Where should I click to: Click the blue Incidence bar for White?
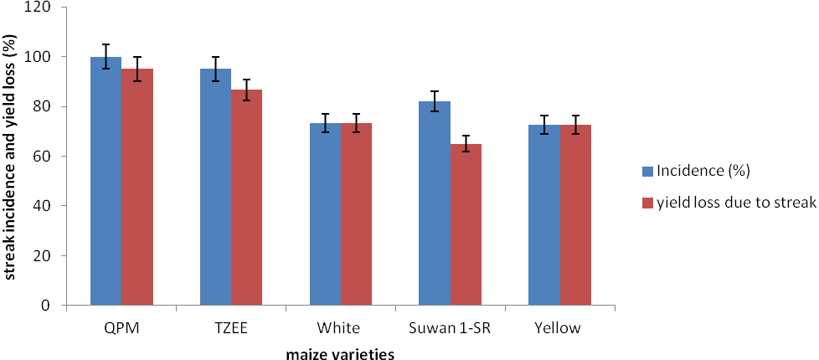[x=325, y=214]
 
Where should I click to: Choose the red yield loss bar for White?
[x=357, y=214]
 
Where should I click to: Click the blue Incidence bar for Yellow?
[x=544, y=215]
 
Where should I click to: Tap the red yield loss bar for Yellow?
[x=576, y=215]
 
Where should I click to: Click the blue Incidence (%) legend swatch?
[x=646, y=171]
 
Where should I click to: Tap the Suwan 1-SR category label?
[x=451, y=327]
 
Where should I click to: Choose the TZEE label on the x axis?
[x=230, y=327]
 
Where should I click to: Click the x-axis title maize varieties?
[x=340, y=353]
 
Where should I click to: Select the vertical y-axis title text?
[x=11, y=156]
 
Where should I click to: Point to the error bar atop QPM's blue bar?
[x=106, y=56]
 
